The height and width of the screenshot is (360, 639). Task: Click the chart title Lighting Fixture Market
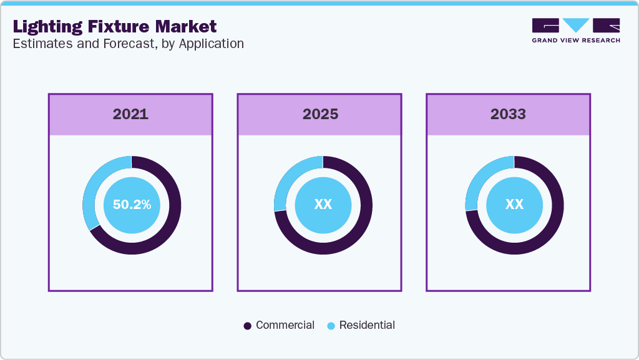(115, 26)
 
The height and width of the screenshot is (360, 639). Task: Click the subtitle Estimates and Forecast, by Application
(128, 44)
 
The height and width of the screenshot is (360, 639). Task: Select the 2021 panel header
(130, 114)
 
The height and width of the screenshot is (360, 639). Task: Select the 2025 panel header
(320, 114)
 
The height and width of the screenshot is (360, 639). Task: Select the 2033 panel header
(508, 114)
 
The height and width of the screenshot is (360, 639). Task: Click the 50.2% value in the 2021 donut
(132, 205)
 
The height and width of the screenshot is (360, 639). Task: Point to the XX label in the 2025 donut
(323, 205)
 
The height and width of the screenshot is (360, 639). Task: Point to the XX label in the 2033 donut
(514, 205)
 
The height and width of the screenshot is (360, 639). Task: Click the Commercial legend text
(285, 325)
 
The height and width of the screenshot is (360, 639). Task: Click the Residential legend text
(367, 325)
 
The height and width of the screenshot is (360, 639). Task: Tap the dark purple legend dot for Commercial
(248, 326)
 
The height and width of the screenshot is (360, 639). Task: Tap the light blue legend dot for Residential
(331, 326)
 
